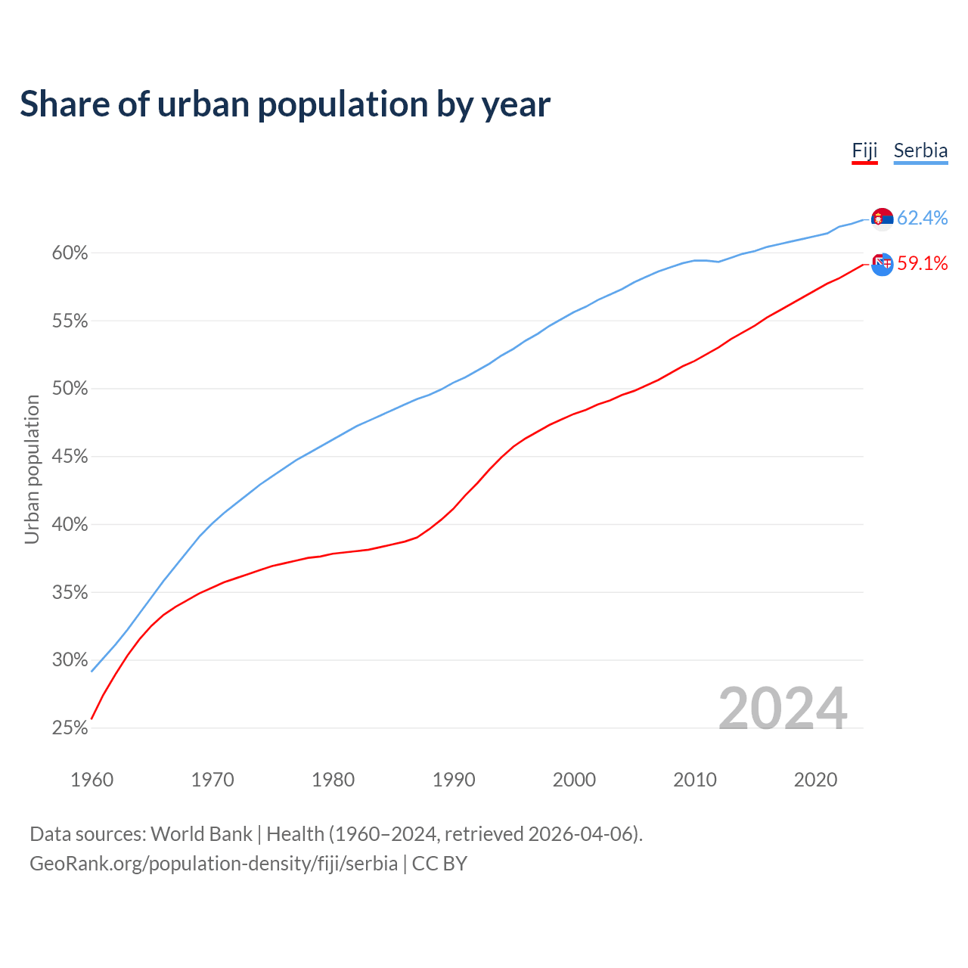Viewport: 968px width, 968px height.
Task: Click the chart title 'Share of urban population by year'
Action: (x=285, y=104)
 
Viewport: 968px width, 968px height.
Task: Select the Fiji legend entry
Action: (x=864, y=150)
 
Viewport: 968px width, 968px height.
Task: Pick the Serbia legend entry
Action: (x=920, y=150)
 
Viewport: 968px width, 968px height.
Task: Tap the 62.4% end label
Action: (x=922, y=218)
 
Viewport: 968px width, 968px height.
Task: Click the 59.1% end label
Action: (x=922, y=263)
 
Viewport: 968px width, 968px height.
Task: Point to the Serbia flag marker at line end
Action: (x=883, y=219)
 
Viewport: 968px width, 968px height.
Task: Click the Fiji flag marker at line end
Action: (x=883, y=264)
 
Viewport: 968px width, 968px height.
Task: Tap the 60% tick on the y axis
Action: (x=70, y=253)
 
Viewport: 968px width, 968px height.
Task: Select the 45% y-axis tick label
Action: (x=70, y=457)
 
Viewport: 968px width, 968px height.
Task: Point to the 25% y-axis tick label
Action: (x=70, y=728)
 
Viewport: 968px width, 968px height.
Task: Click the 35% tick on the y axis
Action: (x=70, y=593)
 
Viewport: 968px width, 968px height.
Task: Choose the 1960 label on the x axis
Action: (x=92, y=780)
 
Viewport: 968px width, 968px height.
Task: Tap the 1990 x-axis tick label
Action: (x=454, y=780)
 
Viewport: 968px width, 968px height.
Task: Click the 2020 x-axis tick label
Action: (x=815, y=780)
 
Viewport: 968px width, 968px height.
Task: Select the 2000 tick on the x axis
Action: (x=574, y=780)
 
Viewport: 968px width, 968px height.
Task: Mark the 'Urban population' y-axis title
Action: (x=32, y=469)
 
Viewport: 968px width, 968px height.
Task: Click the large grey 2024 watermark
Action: (x=783, y=709)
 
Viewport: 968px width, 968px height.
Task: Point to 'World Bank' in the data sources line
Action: (x=201, y=834)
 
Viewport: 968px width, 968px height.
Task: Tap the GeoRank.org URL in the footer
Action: (x=213, y=864)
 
